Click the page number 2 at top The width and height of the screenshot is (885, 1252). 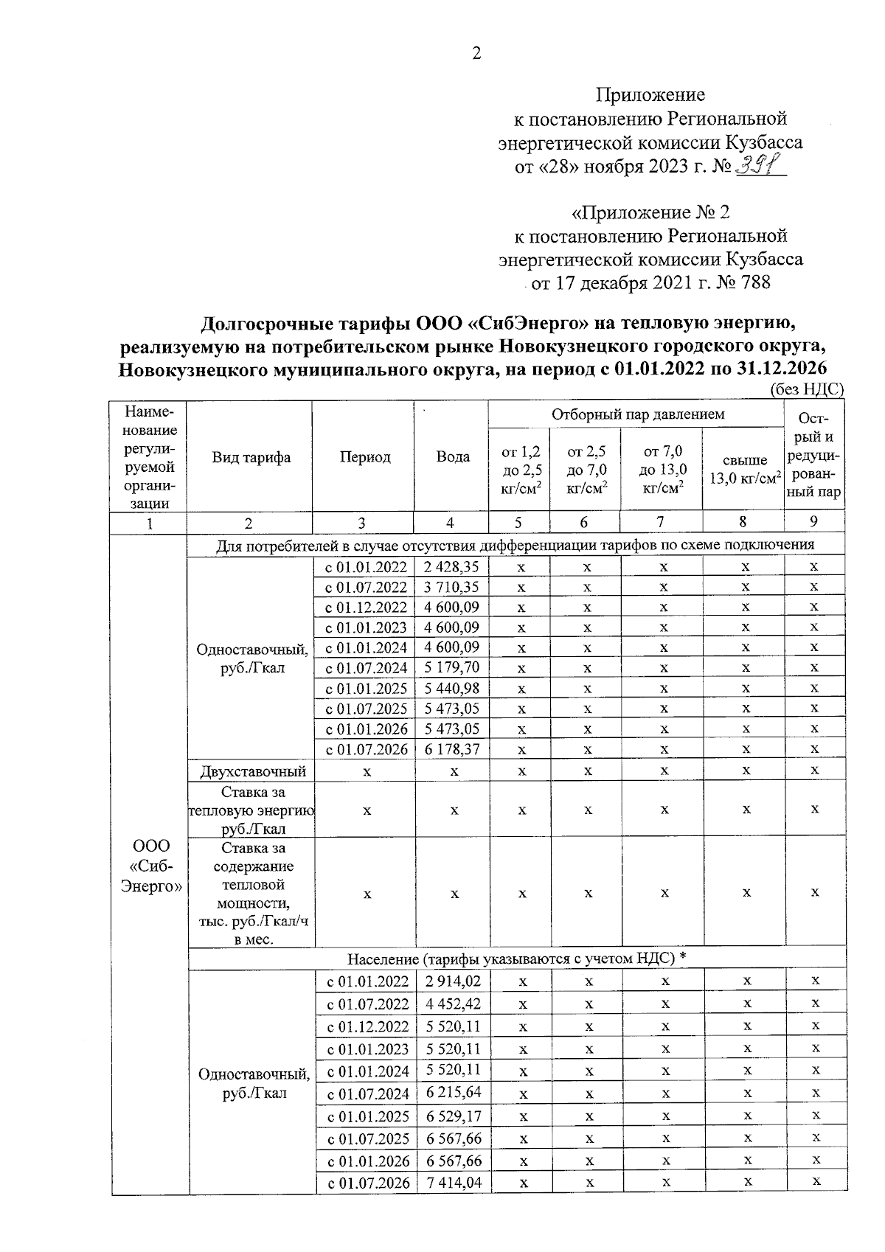click(x=476, y=53)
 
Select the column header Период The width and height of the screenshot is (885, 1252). click(x=364, y=457)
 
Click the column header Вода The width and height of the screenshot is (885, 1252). click(x=452, y=457)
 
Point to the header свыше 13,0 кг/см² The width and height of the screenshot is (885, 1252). click(x=743, y=469)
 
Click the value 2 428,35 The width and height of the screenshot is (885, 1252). click(x=451, y=567)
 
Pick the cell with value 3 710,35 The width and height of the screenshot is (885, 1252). click(x=451, y=588)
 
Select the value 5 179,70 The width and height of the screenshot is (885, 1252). click(x=451, y=668)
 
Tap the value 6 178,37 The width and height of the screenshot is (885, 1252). click(x=451, y=749)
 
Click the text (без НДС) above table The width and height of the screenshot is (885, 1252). click(x=805, y=390)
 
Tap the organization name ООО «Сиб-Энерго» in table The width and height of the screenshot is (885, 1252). click(x=151, y=866)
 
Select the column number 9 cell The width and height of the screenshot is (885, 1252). click(x=813, y=522)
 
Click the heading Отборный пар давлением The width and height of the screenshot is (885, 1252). click(x=638, y=414)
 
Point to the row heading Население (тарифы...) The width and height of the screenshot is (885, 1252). click(x=516, y=959)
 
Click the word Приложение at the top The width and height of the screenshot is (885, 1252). click(x=650, y=94)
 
